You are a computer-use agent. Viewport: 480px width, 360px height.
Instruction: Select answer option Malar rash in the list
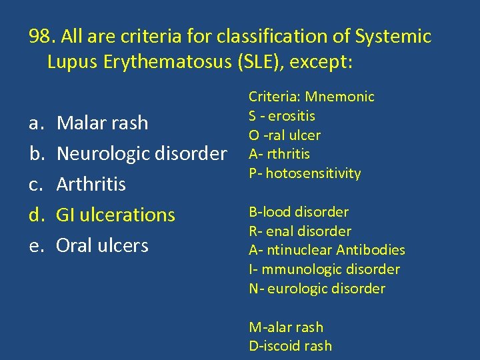point(102,123)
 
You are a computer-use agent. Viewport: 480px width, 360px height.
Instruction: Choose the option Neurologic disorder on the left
point(141,153)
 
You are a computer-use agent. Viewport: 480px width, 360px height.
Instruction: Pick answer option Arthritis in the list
point(91,184)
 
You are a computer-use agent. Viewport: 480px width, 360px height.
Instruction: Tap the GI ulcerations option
point(115,215)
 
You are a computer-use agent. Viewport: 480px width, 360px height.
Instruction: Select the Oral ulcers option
point(102,245)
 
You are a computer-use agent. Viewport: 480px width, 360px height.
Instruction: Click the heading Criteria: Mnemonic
point(311,97)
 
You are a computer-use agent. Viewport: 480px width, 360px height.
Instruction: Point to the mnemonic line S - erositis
point(282,116)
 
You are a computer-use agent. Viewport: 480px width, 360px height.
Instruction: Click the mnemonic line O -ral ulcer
point(285,135)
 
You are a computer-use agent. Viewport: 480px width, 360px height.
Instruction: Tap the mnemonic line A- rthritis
point(279,154)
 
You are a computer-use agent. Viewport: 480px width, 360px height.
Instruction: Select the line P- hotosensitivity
point(305,173)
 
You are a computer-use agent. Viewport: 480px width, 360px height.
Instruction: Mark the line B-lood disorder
point(299,212)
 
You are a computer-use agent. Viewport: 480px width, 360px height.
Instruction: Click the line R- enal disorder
point(300,231)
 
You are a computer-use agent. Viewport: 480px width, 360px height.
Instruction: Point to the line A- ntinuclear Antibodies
point(327,250)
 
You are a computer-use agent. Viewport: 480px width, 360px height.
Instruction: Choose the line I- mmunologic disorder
point(324,269)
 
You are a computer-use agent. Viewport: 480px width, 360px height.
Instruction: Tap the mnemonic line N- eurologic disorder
point(317,289)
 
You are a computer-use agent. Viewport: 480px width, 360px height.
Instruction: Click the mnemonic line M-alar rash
point(285,327)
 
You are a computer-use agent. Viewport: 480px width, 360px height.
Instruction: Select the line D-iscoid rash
point(290,346)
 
